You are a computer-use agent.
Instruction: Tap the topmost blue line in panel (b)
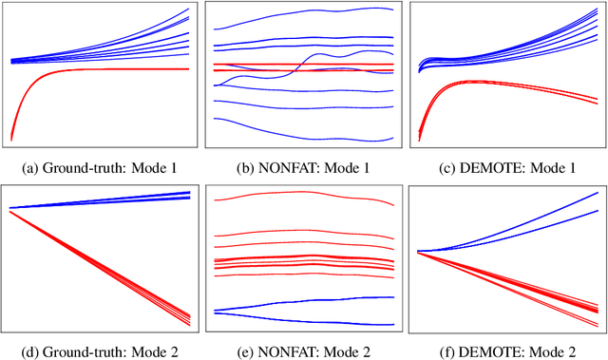tap(304, 12)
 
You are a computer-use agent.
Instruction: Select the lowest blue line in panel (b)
tap(304, 131)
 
